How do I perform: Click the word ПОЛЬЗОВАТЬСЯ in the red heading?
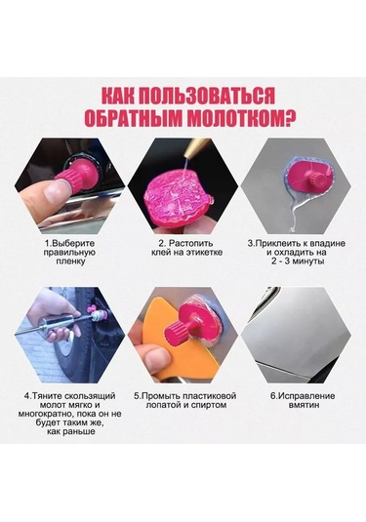tap(206, 97)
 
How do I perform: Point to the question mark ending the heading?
tap(291, 118)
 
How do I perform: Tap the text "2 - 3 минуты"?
tap(298, 261)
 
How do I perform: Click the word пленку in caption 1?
tap(70, 261)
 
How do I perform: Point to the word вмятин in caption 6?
tap(303, 405)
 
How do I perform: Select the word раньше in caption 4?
tap(81, 432)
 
